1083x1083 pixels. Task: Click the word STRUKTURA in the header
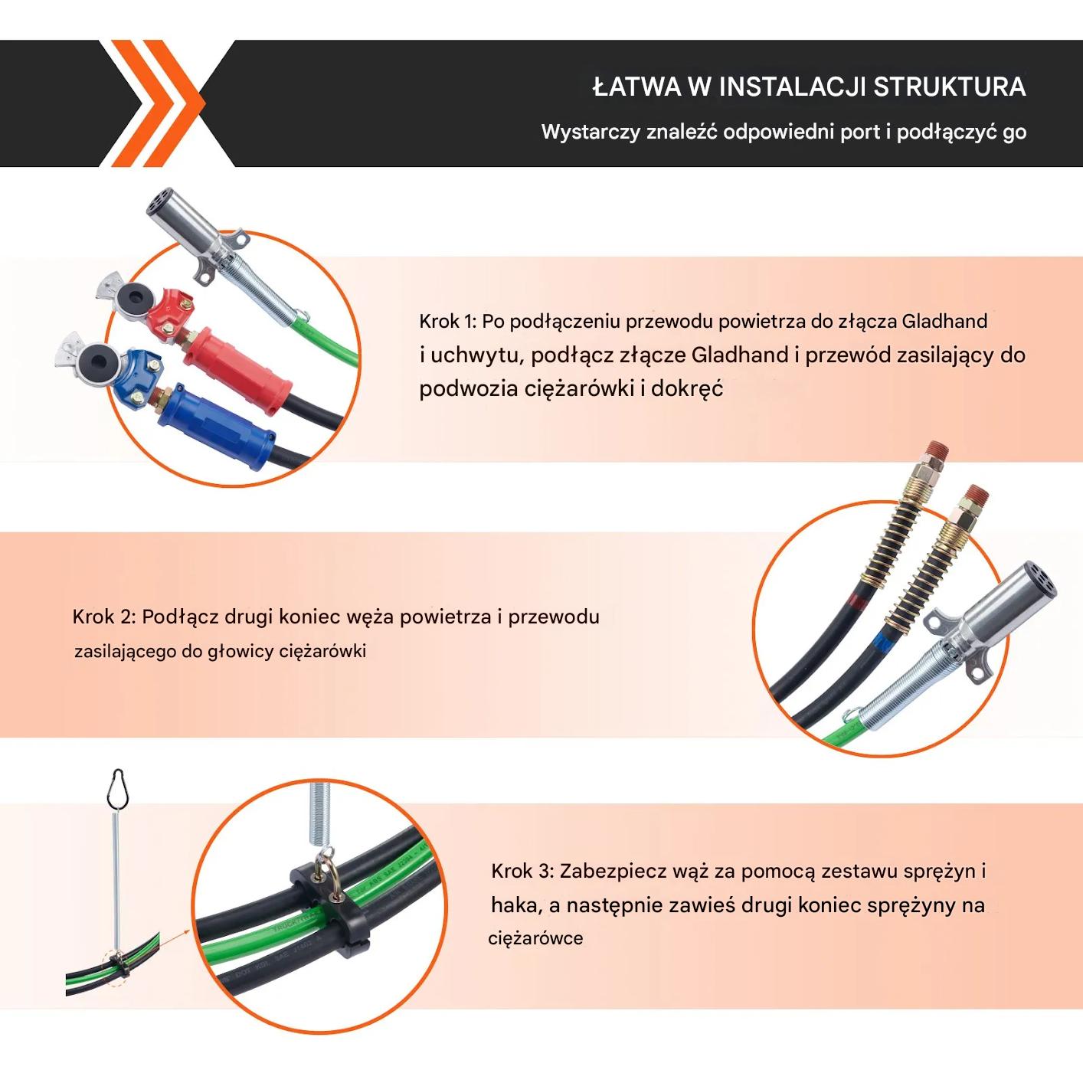(x=950, y=87)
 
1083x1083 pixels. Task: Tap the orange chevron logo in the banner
(x=159, y=103)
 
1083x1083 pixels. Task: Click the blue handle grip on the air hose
(x=217, y=427)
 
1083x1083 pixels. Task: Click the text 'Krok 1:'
(x=448, y=322)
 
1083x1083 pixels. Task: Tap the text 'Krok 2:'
(x=104, y=617)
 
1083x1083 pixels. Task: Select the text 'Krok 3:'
(x=522, y=871)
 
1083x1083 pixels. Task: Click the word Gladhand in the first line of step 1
(x=944, y=322)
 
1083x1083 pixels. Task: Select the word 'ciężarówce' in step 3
(x=535, y=938)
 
